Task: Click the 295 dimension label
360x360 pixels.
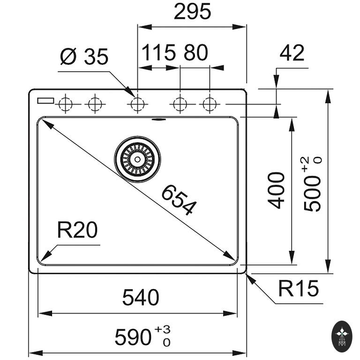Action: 192,12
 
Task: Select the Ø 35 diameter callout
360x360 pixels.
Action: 84,57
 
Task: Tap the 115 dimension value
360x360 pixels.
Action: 157,53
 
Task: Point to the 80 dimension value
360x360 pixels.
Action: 195,53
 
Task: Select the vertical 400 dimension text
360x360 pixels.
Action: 277,190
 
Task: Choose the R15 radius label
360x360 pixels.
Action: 298,289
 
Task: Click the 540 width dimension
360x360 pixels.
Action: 141,297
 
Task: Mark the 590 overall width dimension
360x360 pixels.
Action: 134,337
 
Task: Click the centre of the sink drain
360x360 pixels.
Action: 137,159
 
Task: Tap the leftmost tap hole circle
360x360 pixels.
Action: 65,104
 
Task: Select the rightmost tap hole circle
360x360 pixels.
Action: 210,104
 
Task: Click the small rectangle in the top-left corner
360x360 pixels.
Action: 46,100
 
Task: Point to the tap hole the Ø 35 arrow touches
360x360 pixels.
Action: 137,104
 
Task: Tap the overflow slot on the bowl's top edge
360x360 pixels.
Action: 159,119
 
